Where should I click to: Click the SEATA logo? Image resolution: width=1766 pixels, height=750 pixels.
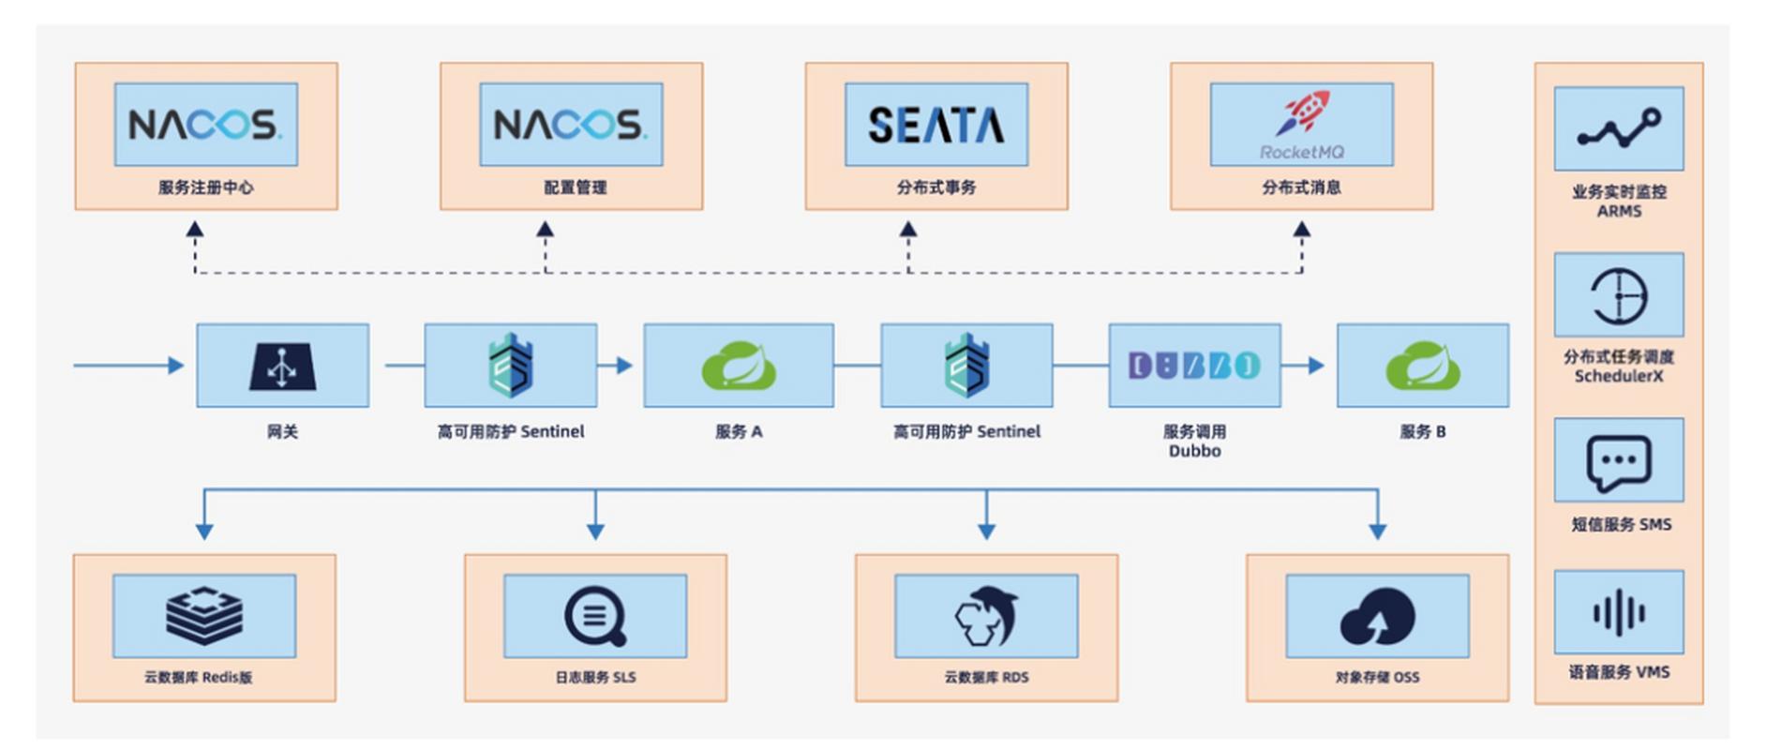(x=935, y=125)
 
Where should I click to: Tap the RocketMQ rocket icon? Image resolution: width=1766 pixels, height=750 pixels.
(x=1301, y=113)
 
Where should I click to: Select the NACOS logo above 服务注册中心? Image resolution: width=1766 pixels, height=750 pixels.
(x=205, y=125)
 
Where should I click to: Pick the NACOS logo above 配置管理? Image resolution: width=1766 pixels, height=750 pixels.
(x=571, y=125)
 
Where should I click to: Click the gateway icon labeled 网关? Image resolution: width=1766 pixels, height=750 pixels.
(x=282, y=366)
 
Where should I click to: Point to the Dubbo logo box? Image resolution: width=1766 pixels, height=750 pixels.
(x=1194, y=366)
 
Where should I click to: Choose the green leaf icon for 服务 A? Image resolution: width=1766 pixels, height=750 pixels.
(x=739, y=366)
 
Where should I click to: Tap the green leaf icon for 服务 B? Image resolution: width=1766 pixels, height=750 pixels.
(x=1422, y=366)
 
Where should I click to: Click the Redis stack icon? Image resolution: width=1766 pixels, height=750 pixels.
(x=204, y=616)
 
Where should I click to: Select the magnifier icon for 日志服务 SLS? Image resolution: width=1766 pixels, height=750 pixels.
(x=595, y=616)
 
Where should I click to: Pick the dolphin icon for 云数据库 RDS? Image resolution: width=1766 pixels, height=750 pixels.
(x=986, y=616)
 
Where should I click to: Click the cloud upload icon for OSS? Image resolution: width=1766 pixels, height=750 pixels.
(x=1377, y=616)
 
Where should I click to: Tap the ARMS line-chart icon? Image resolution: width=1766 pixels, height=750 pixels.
(x=1619, y=129)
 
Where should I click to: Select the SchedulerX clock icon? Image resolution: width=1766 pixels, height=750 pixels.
(x=1619, y=295)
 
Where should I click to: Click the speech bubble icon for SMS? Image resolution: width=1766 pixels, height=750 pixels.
(x=1619, y=462)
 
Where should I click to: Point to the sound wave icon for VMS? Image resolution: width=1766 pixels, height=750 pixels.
(x=1619, y=613)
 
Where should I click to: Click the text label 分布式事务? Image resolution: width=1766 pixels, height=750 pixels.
(x=935, y=187)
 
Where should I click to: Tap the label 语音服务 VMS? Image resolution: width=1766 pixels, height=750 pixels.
(x=1619, y=672)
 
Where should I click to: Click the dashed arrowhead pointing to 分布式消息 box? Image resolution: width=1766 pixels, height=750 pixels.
(x=1301, y=229)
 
